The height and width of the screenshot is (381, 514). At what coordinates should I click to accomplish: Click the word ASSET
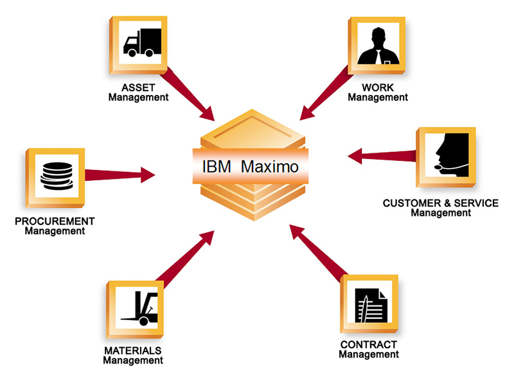click(138, 87)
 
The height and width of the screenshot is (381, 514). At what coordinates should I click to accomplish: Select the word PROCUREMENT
click(55, 221)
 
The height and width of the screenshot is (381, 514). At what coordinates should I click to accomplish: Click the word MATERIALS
click(132, 350)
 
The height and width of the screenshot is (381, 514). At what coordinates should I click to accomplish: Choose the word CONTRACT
click(369, 344)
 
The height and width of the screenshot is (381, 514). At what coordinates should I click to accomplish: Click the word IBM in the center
click(217, 166)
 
